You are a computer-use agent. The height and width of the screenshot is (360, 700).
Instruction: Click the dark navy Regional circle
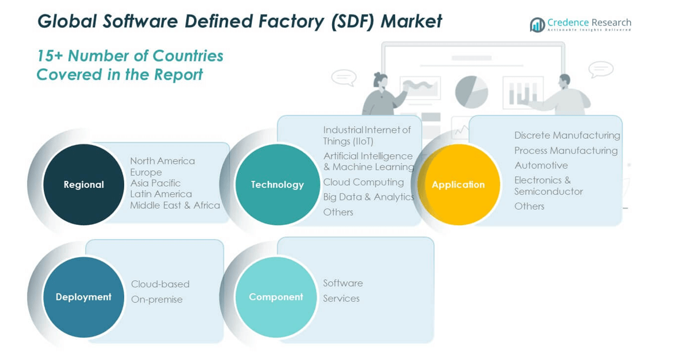pos(84,184)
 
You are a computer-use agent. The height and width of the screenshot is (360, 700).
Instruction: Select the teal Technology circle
pos(277,184)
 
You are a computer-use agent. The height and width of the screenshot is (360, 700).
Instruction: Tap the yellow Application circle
pos(459,184)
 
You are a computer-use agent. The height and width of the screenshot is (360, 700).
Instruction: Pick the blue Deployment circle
pos(84,297)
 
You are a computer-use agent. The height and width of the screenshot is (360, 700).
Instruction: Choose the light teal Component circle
pos(276,297)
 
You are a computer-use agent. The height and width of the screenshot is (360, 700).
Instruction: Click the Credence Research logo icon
pos(537,25)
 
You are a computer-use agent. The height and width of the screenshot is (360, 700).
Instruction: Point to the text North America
pos(162,161)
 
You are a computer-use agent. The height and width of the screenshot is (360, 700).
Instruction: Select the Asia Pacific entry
pos(155,183)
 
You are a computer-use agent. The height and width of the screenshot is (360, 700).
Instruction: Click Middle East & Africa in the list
pos(175,205)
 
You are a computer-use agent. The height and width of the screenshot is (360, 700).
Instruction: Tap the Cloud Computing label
pos(363,182)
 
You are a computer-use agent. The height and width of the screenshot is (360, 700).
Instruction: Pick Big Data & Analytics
pos(368,197)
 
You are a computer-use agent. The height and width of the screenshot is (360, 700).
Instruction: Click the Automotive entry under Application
pos(541,165)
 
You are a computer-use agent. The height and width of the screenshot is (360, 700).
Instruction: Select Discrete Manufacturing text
pos(567,135)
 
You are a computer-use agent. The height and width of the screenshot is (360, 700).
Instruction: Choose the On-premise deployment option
pos(157,299)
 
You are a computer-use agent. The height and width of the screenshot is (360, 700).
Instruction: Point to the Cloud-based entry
pos(160,284)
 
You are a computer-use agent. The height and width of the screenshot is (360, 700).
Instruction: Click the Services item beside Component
pos(341,298)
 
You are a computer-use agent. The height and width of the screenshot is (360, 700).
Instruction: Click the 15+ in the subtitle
pos(50,56)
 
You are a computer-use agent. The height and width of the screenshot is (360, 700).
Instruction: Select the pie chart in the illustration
pos(471,92)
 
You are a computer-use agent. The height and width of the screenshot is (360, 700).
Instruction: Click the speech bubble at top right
pos(601,69)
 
